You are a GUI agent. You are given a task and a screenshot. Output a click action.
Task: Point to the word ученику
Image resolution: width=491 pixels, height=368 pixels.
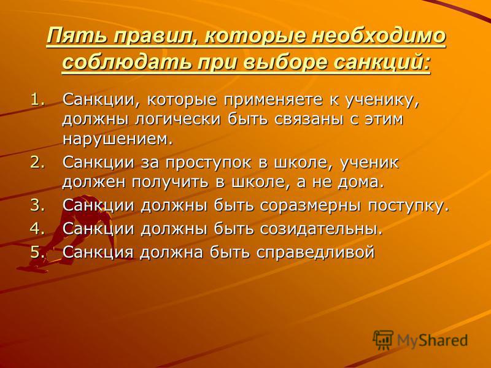(382, 101)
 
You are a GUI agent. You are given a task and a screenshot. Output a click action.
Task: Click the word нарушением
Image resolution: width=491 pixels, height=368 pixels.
(117, 139)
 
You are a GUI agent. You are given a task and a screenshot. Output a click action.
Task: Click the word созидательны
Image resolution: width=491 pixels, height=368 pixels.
(321, 229)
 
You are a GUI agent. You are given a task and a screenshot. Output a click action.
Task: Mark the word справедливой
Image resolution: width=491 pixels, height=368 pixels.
(315, 252)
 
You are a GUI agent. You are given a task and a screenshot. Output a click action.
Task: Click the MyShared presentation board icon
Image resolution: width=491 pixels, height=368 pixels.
(383, 339)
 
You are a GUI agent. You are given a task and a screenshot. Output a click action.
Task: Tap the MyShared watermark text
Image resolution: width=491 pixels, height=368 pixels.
(433, 340)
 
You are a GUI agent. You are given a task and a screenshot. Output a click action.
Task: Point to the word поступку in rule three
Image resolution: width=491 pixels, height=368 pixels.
(409, 207)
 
